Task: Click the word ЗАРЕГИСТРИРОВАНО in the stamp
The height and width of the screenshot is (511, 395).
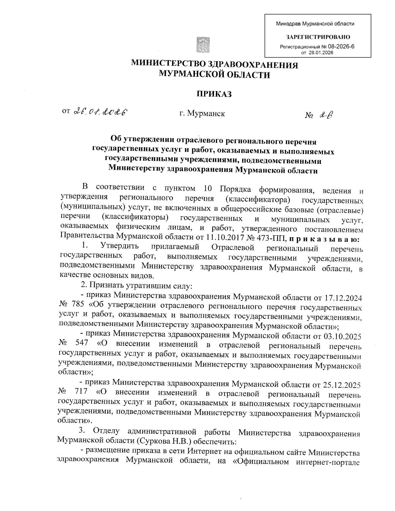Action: click(318, 37)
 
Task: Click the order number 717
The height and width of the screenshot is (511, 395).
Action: click(81, 392)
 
